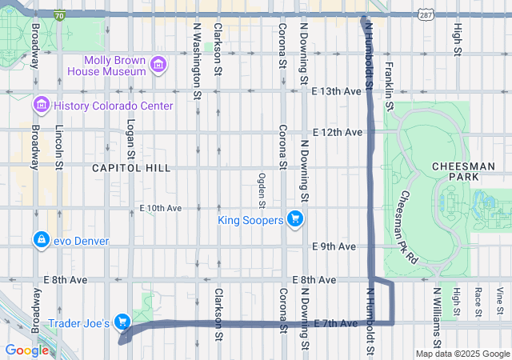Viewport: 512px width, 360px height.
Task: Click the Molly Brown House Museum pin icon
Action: [158, 64]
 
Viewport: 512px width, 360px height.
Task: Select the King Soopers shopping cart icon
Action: [295, 218]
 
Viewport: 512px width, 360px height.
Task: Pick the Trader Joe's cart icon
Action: [122, 322]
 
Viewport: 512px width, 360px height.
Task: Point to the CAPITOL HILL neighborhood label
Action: [131, 168]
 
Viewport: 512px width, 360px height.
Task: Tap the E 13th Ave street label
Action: [337, 92]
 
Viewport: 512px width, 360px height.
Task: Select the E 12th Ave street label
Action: [337, 131]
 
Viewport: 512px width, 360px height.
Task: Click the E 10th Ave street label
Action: [160, 208]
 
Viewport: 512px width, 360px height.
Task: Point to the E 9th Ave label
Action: [334, 246]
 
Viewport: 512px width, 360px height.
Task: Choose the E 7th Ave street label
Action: [336, 323]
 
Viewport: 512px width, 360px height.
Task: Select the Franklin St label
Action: [389, 85]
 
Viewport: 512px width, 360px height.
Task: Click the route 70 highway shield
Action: [60, 14]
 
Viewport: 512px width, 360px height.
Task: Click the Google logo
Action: [26, 350]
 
